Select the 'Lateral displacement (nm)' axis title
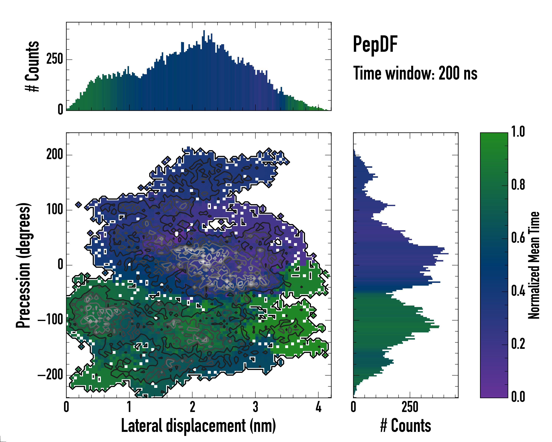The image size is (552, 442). [x=198, y=426]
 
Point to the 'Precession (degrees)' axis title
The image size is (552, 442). [x=23, y=265]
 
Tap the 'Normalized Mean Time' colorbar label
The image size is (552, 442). [x=534, y=265]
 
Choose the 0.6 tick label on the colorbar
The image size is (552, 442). [x=518, y=238]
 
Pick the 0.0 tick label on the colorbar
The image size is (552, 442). [x=518, y=397]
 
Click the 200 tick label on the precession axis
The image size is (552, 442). [x=54, y=155]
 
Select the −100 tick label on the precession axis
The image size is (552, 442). [x=50, y=320]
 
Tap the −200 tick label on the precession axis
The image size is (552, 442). [x=50, y=375]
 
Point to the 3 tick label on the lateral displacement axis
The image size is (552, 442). [x=255, y=407]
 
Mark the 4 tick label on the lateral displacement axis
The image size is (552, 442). [x=318, y=407]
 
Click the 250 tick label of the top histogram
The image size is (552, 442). [x=54, y=59]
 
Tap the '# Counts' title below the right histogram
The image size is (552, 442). [x=406, y=426]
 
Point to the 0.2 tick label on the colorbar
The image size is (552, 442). [x=518, y=344]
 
